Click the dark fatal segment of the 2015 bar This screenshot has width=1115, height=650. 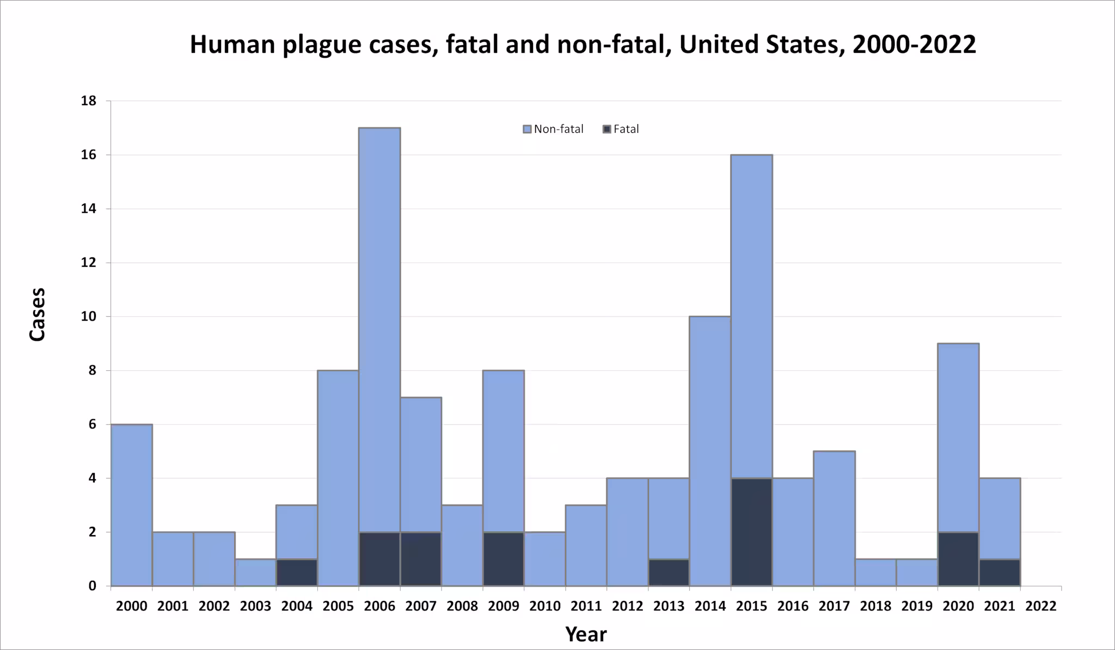pyautogui.click(x=751, y=532)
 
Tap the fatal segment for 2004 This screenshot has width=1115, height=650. pyautogui.click(x=297, y=572)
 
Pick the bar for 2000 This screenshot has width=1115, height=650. pyautogui.click(x=131, y=505)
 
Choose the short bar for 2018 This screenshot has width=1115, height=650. pyautogui.click(x=875, y=572)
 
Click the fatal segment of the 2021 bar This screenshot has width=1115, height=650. pyautogui.click(x=1000, y=572)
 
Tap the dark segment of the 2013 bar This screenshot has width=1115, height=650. pyautogui.click(x=669, y=572)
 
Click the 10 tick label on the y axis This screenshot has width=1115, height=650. pyautogui.click(x=88, y=316)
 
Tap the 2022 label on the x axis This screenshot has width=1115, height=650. pyautogui.click(x=1040, y=606)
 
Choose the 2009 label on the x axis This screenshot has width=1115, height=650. pyautogui.click(x=504, y=606)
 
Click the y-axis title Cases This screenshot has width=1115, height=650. pyautogui.click(x=37, y=315)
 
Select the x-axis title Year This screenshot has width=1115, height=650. pyautogui.click(x=586, y=634)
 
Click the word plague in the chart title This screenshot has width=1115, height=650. pyautogui.click(x=321, y=45)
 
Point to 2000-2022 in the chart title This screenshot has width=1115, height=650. pyautogui.click(x=914, y=45)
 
